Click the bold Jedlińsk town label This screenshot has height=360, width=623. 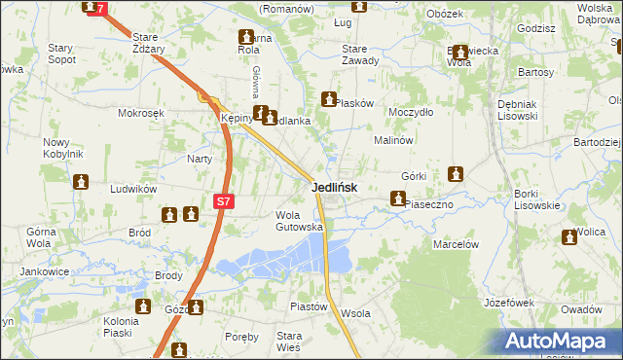(334, 187)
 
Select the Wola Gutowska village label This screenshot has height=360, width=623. (300, 221)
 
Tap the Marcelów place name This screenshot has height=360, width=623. (456, 244)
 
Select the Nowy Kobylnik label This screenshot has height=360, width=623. (62, 149)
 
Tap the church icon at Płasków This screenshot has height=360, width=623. (328, 98)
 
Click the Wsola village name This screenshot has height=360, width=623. (356, 313)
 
